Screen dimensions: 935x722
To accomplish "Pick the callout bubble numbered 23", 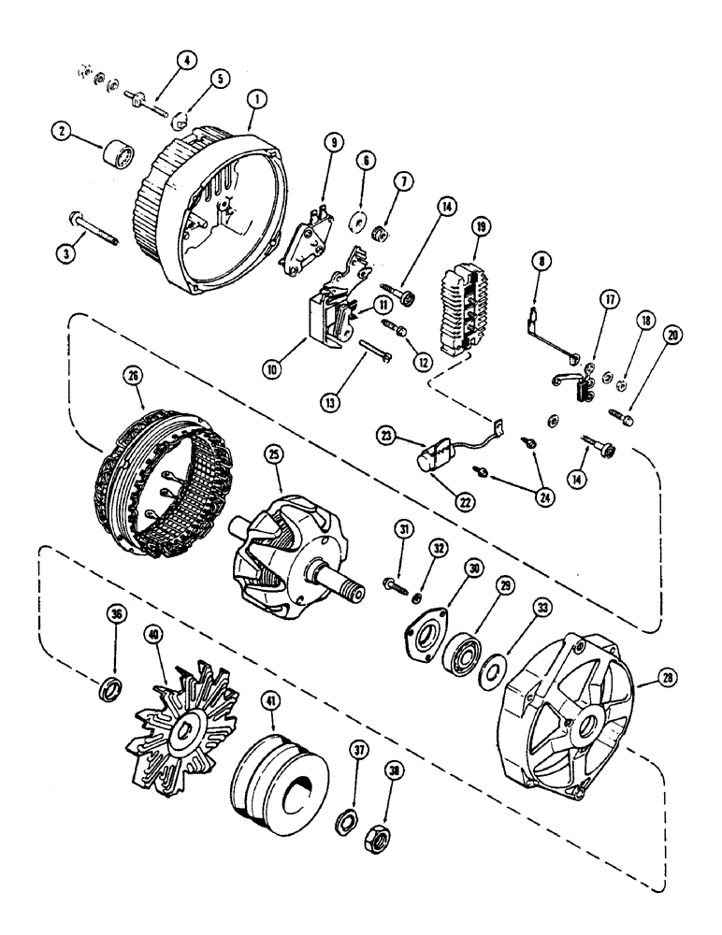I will (386, 435).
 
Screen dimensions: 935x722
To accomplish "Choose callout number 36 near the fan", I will (116, 617).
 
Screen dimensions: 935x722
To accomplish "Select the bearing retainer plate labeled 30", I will (426, 637).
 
